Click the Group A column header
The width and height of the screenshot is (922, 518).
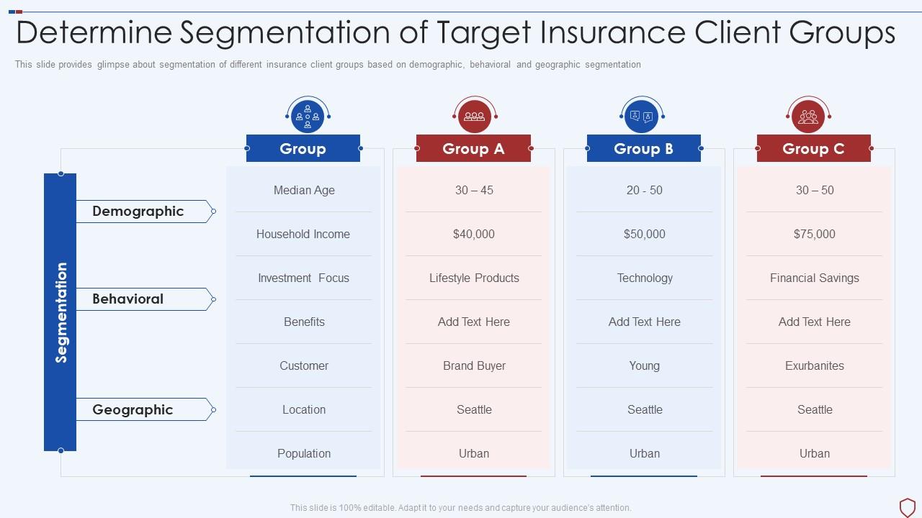click(x=473, y=148)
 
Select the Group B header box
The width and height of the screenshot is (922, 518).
click(x=643, y=148)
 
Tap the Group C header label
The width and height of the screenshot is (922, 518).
click(x=813, y=148)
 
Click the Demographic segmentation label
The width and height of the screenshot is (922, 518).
click(x=138, y=211)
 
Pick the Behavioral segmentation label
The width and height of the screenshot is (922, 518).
click(x=128, y=299)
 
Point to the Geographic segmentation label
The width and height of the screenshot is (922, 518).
click(x=133, y=409)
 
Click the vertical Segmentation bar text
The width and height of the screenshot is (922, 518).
click(x=61, y=312)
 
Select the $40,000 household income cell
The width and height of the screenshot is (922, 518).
click(x=474, y=234)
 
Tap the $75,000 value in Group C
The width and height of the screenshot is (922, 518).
click(x=815, y=234)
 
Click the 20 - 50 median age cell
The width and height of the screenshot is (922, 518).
click(x=644, y=190)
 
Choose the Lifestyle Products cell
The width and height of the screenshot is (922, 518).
click(x=474, y=278)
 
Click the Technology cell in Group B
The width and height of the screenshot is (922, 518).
click(x=644, y=278)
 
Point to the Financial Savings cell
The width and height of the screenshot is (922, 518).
click(x=815, y=278)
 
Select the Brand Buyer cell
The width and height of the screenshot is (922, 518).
click(x=474, y=365)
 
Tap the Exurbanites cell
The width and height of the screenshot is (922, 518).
click(x=815, y=365)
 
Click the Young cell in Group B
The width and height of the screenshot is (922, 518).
click(x=644, y=365)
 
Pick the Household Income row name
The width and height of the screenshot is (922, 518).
click(x=303, y=234)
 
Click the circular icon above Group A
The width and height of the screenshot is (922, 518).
click(x=474, y=116)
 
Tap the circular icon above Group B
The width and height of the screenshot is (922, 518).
click(x=641, y=116)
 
